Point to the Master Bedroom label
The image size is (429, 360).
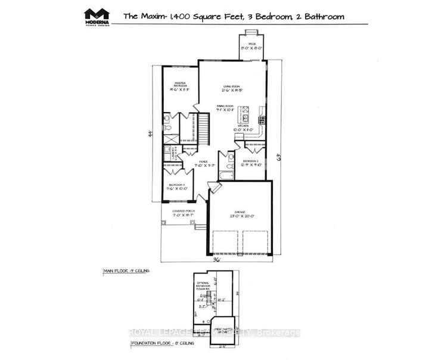[x=181, y=86]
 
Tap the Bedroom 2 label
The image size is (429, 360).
[x=251, y=163]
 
